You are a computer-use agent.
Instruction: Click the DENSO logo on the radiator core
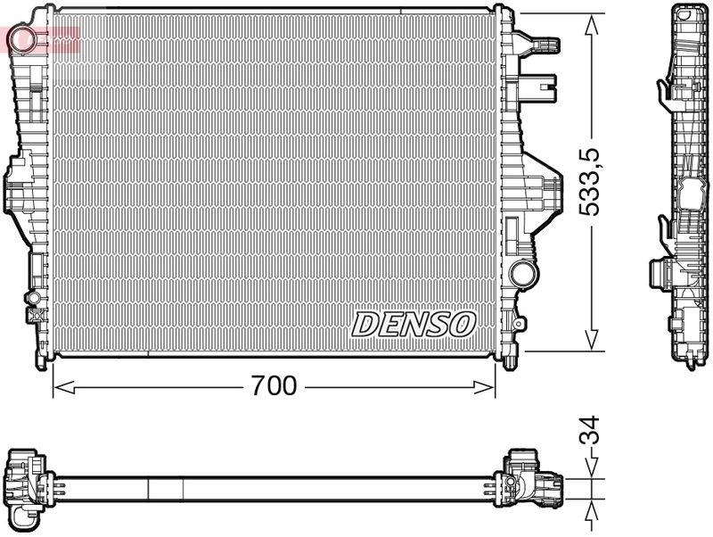(414, 325)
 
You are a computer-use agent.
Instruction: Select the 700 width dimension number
(273, 386)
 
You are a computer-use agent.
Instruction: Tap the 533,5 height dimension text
(590, 182)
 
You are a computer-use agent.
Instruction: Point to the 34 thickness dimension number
(590, 431)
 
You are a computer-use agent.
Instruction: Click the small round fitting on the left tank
(32, 296)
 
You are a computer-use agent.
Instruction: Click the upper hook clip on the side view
(664, 89)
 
